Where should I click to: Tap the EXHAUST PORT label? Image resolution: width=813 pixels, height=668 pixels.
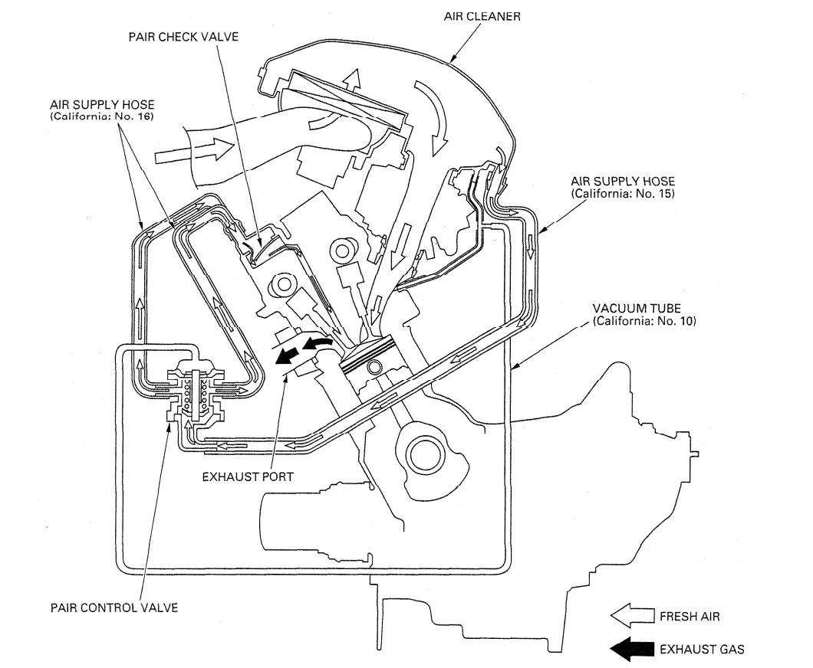248,476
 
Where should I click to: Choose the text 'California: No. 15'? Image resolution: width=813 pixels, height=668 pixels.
623,193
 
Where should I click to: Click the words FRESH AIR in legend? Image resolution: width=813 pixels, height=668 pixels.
690,615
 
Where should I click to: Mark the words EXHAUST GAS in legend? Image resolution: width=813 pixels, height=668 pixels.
701,649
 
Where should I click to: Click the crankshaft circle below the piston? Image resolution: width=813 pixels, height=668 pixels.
427,455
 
